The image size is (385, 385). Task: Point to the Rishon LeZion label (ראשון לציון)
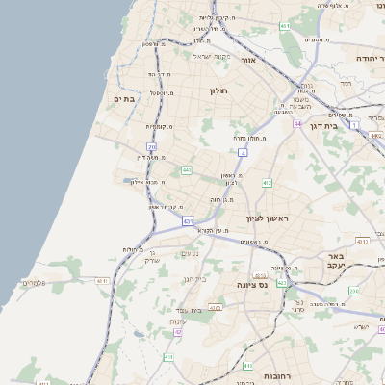[269, 218]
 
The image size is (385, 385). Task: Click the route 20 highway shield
[152, 146]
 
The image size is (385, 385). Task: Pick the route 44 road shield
[298, 123]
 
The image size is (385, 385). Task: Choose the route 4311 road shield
[362, 242]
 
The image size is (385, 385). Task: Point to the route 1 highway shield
[354, 125]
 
